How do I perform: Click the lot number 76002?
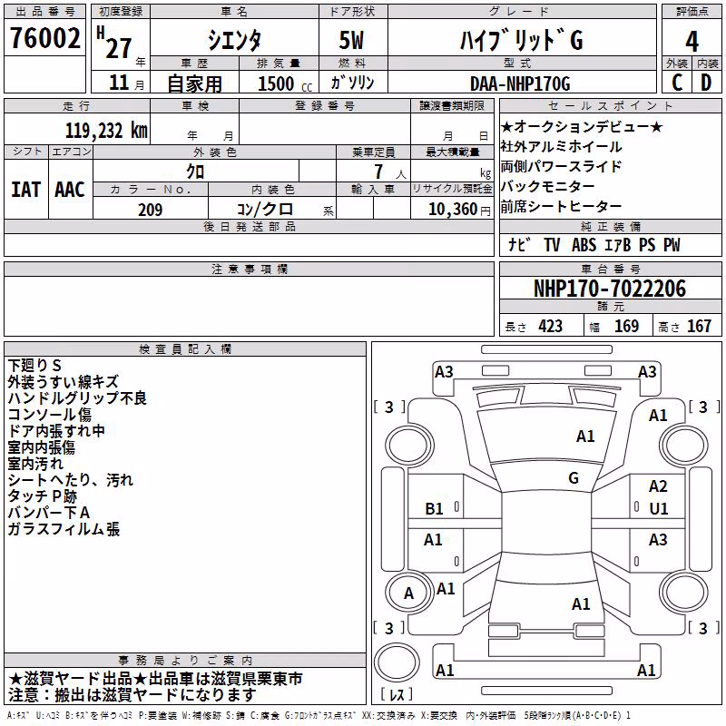point(44,38)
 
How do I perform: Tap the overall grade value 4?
point(692,41)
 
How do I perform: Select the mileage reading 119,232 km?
point(106,131)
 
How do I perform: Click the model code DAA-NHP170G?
point(520,83)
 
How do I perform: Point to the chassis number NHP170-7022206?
point(610,289)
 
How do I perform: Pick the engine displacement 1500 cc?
point(285,83)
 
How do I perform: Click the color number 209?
point(150,210)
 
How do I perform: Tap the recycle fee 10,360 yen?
point(459,210)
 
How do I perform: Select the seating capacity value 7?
point(378,172)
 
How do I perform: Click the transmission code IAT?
point(25,190)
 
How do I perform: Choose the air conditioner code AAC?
point(70,190)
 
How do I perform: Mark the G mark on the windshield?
point(574,478)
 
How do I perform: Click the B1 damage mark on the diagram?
point(434,509)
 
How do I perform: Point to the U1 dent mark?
point(659,509)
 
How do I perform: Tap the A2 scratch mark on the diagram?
point(658,486)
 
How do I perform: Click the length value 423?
point(550,327)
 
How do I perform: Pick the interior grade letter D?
point(706,83)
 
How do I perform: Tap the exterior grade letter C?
point(677,83)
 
